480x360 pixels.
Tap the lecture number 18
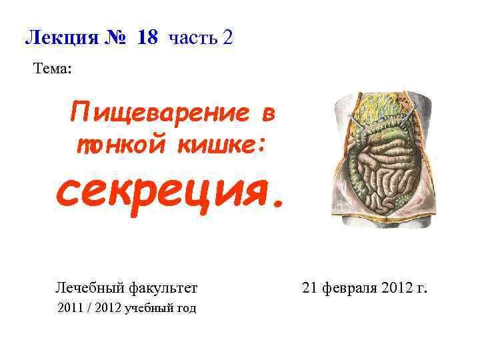tap(147, 37)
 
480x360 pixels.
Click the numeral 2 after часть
tap(229, 37)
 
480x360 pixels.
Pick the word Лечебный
tap(85, 288)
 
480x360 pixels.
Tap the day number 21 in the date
tap(309, 288)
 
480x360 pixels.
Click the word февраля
tap(346, 288)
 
